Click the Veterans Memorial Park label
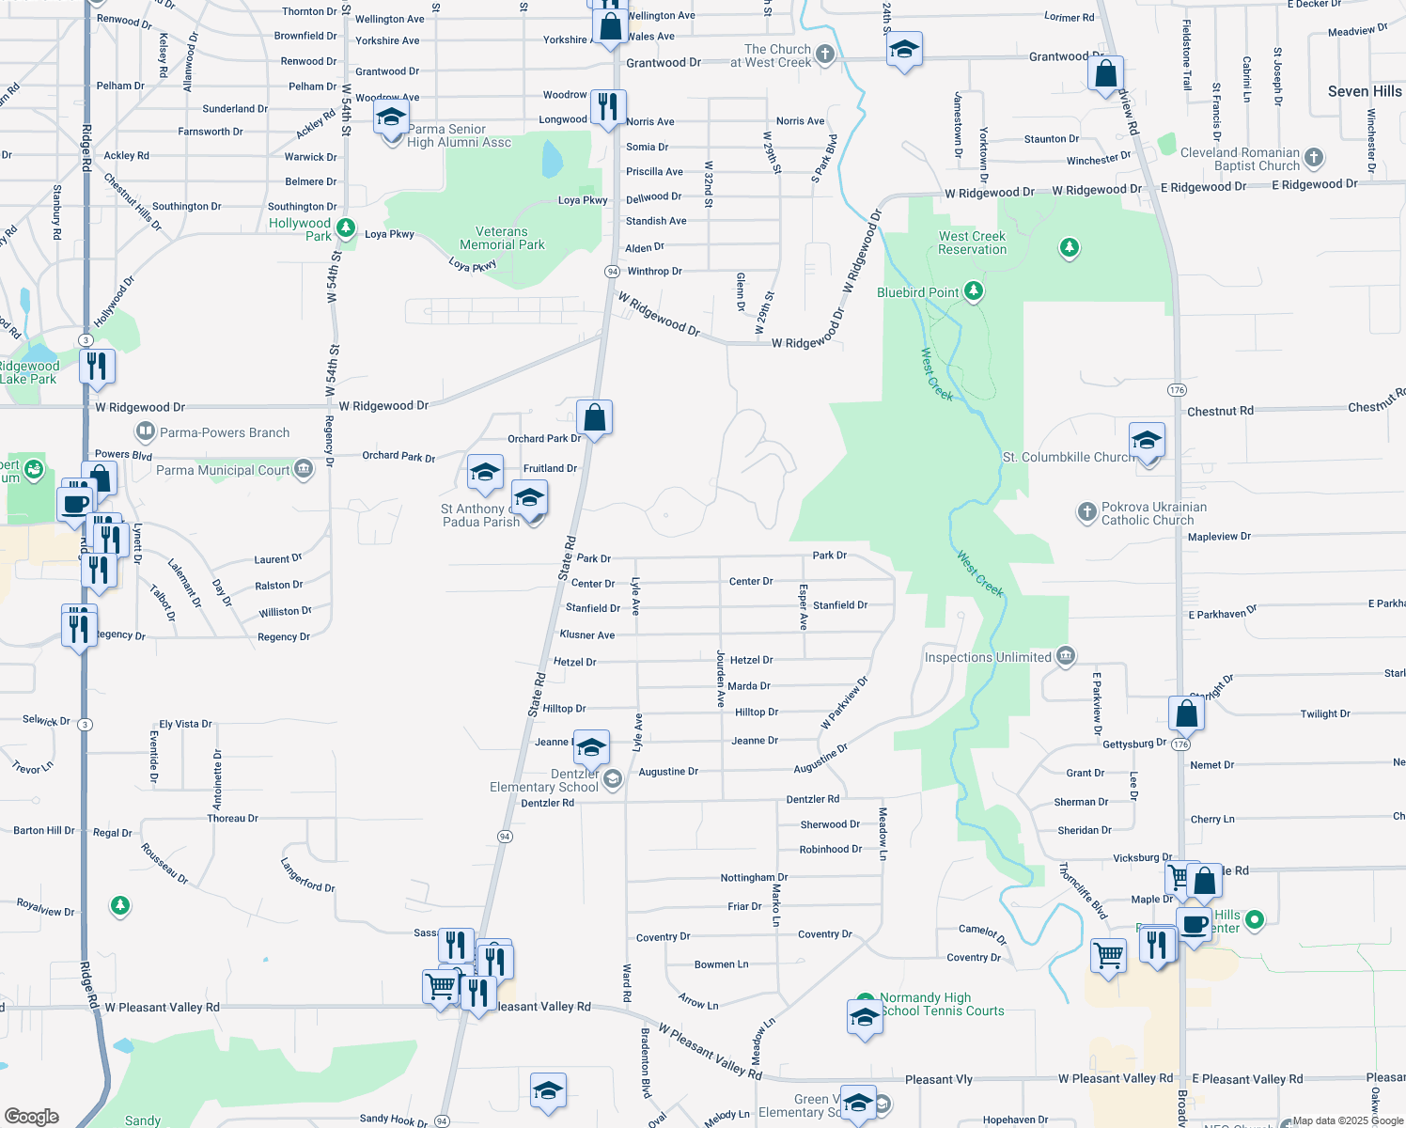pyautogui.click(x=502, y=238)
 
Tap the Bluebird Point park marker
pyautogui.click(x=974, y=291)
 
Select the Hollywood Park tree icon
pyautogui.click(x=346, y=227)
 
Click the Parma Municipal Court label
pyautogui.click(x=223, y=470)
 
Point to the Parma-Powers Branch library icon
pyautogui.click(x=145, y=432)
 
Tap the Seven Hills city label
pyautogui.click(x=1364, y=91)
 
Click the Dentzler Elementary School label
pyautogui.click(x=543, y=780)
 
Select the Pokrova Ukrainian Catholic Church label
pyautogui.click(x=1153, y=513)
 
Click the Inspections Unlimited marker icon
pyautogui.click(x=1065, y=656)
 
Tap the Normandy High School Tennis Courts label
pyautogui.click(x=942, y=1004)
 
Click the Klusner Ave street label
pyautogui.click(x=587, y=635)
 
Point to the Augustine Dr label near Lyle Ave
pyautogui.click(x=668, y=772)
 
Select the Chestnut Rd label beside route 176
pyautogui.click(x=1220, y=411)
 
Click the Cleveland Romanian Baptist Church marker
pyautogui.click(x=1314, y=157)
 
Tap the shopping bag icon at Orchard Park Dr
pyautogui.click(x=594, y=416)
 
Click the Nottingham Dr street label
pyautogui.click(x=754, y=877)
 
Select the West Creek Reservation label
pyautogui.click(x=972, y=243)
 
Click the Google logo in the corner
pyautogui.click(x=31, y=1116)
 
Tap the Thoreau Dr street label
pyautogui.click(x=232, y=819)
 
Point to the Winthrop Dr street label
pyautogui.click(x=654, y=272)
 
